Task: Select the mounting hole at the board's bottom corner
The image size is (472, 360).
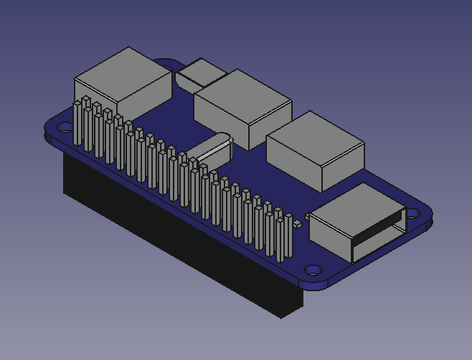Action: (313, 270)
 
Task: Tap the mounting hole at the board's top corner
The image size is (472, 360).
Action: (169, 68)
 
